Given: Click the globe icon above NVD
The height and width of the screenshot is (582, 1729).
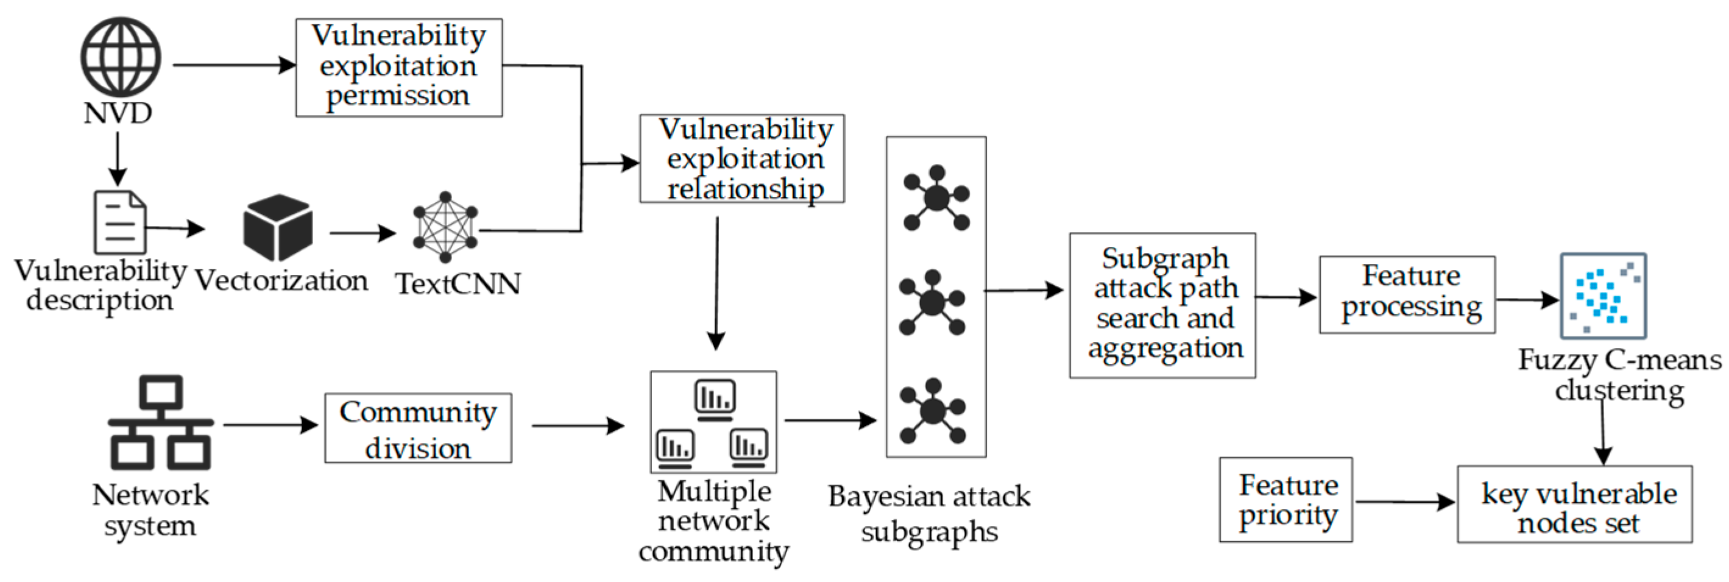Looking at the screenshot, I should pos(121,57).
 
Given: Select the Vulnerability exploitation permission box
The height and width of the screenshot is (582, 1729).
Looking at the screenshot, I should pos(398,67).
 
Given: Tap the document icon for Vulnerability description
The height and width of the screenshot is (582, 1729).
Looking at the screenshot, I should pos(119,222).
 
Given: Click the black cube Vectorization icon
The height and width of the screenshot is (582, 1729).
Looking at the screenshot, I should pos(278,227).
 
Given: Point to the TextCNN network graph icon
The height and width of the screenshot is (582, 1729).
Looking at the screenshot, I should pos(445,227).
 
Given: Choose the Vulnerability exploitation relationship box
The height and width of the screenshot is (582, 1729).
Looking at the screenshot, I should pos(741,158).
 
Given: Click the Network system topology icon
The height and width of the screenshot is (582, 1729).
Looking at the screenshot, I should pos(160,422).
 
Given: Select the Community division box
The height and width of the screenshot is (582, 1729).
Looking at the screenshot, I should pos(417,428).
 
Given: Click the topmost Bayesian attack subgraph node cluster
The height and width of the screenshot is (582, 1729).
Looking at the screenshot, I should pos(936,198).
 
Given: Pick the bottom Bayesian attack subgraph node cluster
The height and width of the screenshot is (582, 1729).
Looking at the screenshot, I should pos(932,411).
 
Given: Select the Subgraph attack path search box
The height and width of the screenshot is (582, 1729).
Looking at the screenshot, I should pos(1162,305).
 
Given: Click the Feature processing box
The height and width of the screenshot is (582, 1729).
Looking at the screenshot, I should pos(1407,294).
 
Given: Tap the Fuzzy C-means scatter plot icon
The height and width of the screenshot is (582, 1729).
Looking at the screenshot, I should pos(1603,296).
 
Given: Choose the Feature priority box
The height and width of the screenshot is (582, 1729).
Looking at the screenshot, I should pos(1285,500).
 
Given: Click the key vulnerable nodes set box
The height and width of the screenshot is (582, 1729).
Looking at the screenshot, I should pos(1574,504).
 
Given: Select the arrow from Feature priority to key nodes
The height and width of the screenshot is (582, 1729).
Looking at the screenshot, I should pos(1404,502).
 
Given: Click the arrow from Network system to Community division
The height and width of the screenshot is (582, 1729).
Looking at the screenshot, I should pos(270,425).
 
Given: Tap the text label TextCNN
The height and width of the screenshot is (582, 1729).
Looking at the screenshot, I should pos(458,284).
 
